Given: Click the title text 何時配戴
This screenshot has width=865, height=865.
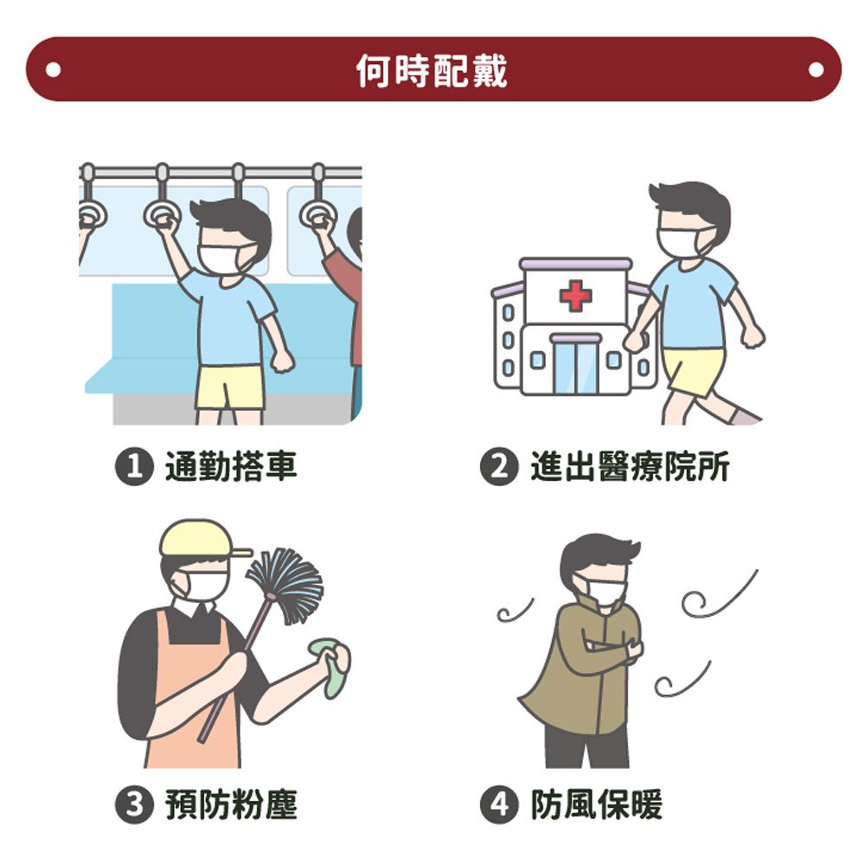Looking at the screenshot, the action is click(432, 71).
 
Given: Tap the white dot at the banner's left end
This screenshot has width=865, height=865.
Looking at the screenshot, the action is click(54, 70).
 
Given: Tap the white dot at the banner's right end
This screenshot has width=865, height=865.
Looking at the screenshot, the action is click(816, 70).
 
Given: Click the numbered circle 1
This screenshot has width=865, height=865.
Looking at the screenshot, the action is click(134, 467).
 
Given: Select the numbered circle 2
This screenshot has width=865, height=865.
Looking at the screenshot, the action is click(499, 467).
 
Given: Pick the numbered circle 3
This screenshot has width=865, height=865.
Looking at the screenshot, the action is click(134, 804).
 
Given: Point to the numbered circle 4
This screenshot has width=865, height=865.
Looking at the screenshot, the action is click(499, 804).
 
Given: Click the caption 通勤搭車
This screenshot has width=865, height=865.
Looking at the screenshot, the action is click(231, 467).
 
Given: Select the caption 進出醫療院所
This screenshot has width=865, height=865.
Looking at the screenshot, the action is click(630, 467).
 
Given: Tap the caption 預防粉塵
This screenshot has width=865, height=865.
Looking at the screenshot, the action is click(231, 804).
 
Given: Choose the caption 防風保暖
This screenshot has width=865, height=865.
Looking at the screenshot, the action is click(596, 804).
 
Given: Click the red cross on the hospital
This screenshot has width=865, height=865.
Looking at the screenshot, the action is click(575, 296).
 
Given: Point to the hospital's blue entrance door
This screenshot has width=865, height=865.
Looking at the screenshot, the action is click(575, 365).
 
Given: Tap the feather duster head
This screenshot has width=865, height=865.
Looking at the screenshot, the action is click(285, 584).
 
